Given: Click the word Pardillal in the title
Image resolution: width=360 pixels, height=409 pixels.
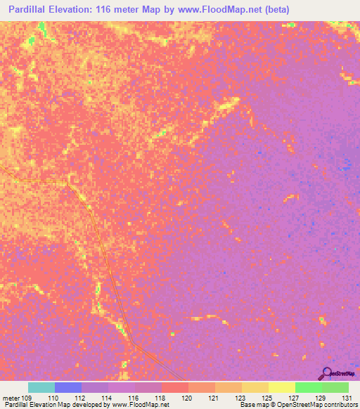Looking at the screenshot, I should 30,10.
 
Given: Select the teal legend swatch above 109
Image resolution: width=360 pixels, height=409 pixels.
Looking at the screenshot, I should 41,387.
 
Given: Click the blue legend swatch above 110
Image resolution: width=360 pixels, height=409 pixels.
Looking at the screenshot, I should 68,387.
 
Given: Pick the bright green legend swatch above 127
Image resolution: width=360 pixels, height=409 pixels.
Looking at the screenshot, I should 309,387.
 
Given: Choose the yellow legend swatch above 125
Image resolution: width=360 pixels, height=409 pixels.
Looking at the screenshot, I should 255,387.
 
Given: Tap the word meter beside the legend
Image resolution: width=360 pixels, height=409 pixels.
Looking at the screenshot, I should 11,397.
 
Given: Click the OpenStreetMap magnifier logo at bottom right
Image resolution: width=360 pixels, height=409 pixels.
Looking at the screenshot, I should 326,373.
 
